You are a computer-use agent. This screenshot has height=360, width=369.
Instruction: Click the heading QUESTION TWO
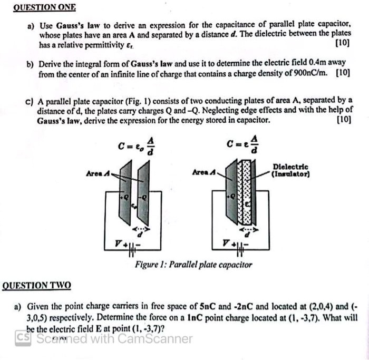click(x=36, y=286)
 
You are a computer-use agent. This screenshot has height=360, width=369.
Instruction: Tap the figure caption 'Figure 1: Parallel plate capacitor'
click(x=193, y=265)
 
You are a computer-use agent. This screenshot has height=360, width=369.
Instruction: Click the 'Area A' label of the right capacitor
click(x=203, y=172)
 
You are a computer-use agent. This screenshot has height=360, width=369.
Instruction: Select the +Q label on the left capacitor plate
click(x=125, y=197)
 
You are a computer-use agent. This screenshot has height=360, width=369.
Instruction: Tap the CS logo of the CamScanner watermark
click(x=22, y=337)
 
